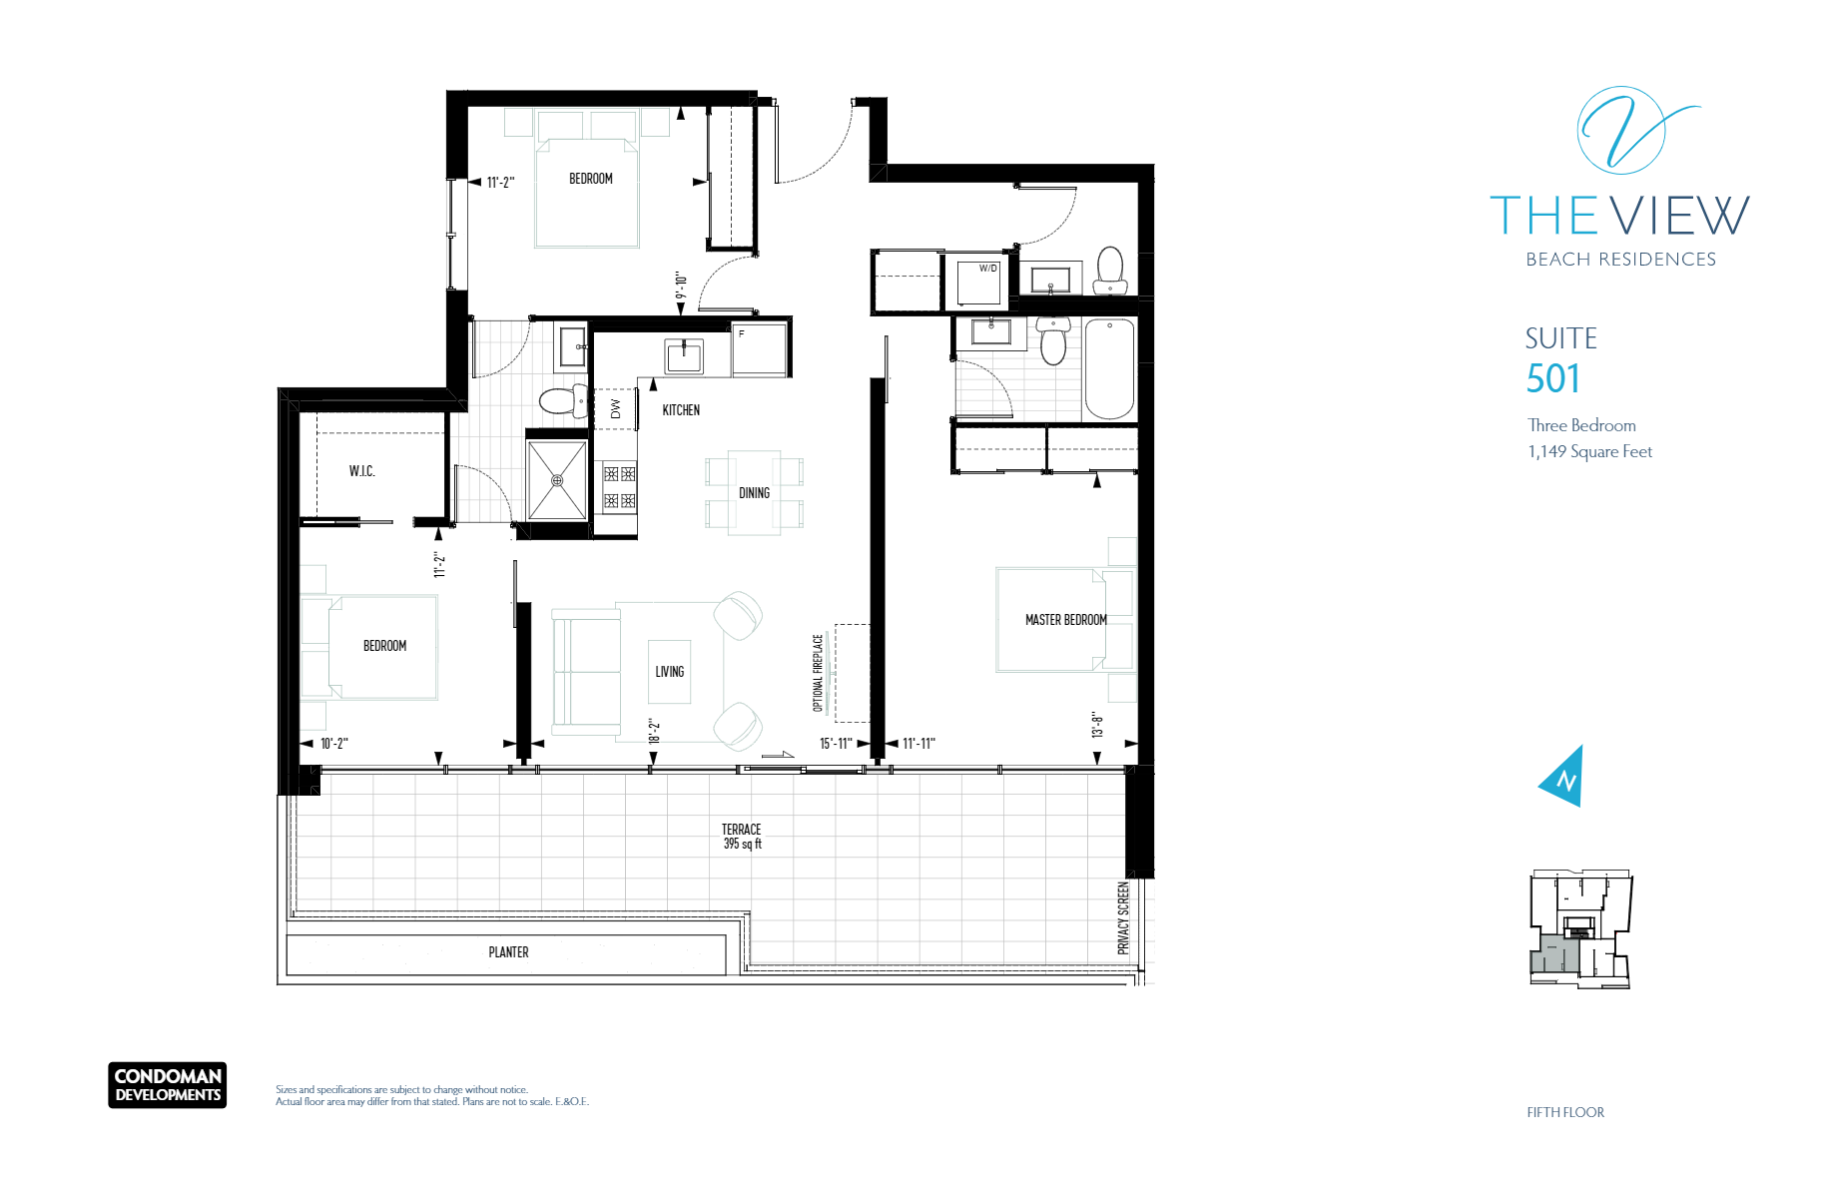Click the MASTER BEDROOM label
point(1066,620)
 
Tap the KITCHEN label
point(681,410)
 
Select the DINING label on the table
point(754,493)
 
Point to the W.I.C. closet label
point(361,471)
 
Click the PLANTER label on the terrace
point(508,952)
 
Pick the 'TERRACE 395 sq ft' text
point(742,837)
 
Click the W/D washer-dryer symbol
point(978,282)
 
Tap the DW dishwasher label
point(615,409)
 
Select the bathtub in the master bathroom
point(1109,368)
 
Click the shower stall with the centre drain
point(557,480)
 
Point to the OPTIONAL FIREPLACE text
point(818,673)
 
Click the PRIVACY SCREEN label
point(1123,918)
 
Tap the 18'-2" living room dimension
point(654,732)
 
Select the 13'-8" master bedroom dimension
point(1097,726)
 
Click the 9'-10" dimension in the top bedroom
point(681,286)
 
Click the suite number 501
point(1552,379)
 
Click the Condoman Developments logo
point(168,1085)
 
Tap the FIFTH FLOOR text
point(1565,1112)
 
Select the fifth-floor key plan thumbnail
point(1580,929)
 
